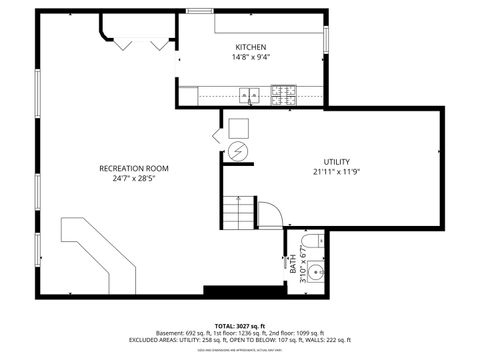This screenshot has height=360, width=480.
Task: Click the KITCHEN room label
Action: click(x=251, y=47)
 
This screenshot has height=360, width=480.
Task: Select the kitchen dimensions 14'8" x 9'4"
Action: click(x=252, y=57)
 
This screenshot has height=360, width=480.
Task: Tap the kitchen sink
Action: click(x=247, y=97)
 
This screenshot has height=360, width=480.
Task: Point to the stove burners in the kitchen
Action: click(x=283, y=96)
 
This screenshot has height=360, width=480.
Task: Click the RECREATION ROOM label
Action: click(x=134, y=168)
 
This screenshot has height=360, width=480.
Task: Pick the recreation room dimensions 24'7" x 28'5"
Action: click(x=134, y=178)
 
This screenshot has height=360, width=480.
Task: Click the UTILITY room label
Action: click(x=336, y=162)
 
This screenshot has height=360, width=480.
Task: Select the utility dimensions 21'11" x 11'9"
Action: click(x=336, y=172)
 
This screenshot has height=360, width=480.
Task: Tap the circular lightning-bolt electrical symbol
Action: click(x=238, y=152)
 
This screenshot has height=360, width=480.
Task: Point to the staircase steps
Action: click(x=238, y=212)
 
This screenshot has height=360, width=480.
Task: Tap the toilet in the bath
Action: click(x=312, y=240)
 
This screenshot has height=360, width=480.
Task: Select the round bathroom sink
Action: click(x=315, y=270)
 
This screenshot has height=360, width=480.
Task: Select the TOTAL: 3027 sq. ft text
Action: click(x=240, y=325)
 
